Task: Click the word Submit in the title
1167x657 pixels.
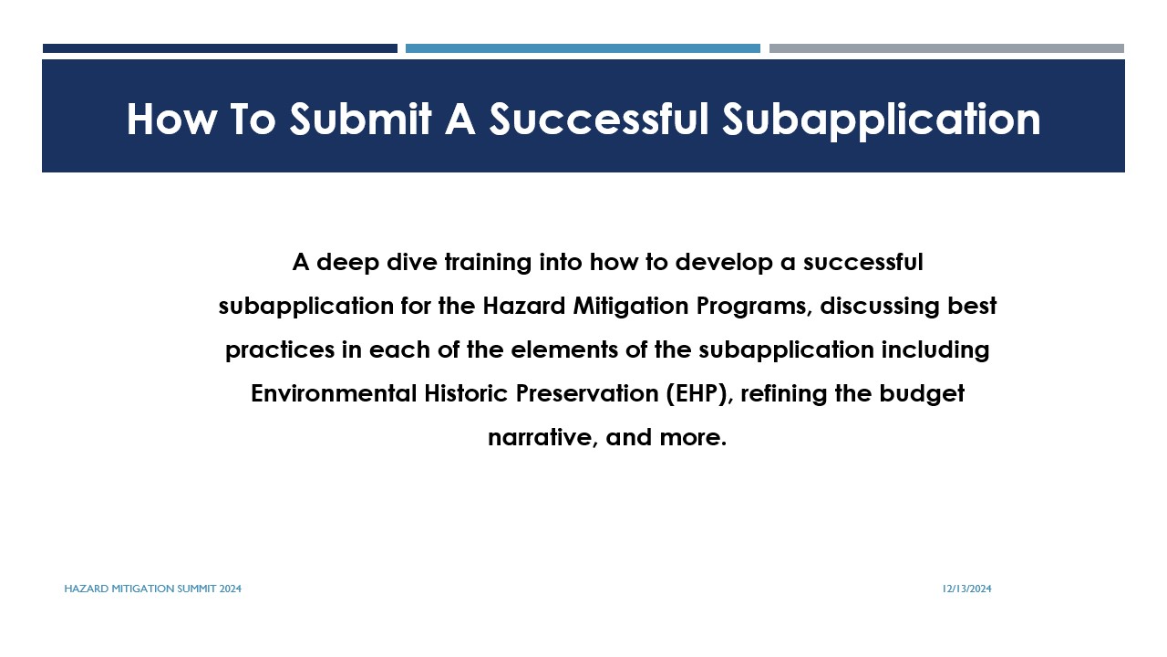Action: pos(360,119)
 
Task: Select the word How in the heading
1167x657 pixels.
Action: pos(171,120)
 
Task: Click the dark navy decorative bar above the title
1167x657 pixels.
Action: pos(220,48)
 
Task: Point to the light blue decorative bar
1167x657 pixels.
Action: pos(583,48)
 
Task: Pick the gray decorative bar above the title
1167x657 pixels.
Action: pos(946,48)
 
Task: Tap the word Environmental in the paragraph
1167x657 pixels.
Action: pos(334,393)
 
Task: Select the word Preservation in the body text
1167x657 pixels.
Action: pos(587,393)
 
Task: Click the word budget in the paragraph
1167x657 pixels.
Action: pos(922,394)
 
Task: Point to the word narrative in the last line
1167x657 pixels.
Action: pos(541,437)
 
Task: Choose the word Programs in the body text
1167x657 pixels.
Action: pos(750,307)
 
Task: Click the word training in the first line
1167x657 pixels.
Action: pos(488,263)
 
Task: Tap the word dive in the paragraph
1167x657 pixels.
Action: pos(411,262)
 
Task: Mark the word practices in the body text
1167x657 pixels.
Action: pos(279,350)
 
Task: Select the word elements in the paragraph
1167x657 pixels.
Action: pos(564,349)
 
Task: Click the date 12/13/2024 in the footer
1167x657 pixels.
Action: pos(967,589)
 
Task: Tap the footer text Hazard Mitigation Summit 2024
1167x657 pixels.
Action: pos(152,589)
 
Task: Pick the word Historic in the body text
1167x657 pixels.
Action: pos(466,393)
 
